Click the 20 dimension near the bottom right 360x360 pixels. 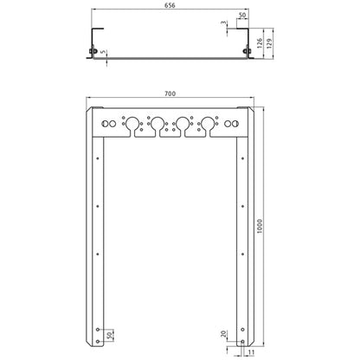point(223,335)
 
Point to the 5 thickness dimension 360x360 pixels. point(104,53)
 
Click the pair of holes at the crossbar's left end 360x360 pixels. point(108,125)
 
